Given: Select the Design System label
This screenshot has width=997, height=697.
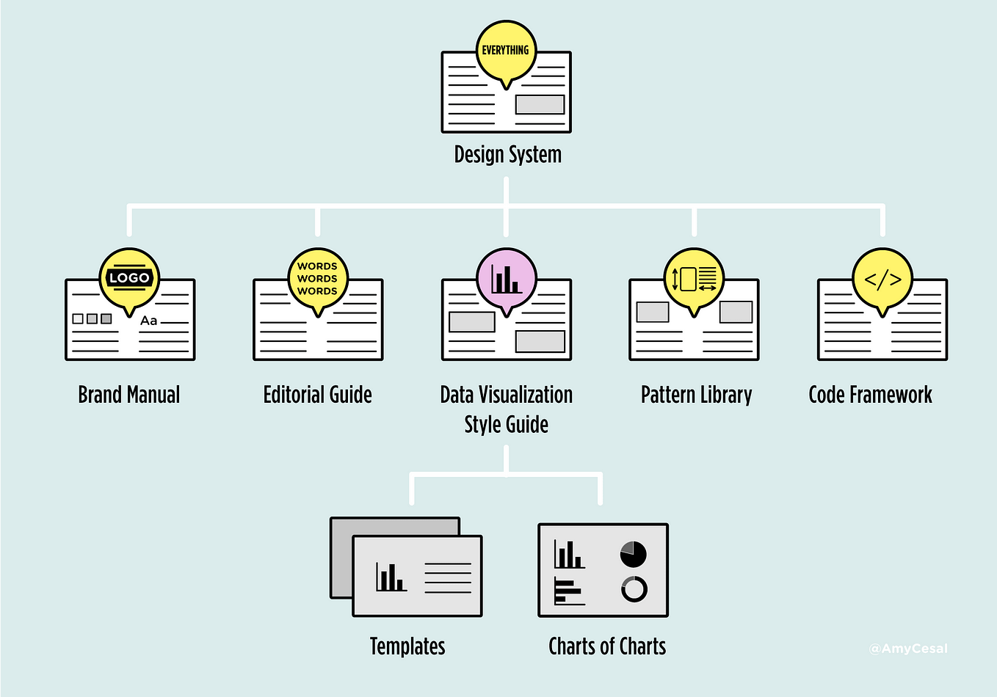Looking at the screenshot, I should pyautogui.click(x=507, y=155).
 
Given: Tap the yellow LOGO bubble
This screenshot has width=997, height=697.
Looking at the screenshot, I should pyautogui.click(x=129, y=278).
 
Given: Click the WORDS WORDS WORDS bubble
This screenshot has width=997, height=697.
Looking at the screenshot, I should pyautogui.click(x=317, y=279).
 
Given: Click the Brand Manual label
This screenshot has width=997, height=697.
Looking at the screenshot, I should pyautogui.click(x=129, y=395).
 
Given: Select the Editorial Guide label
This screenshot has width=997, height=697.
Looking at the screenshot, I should pyautogui.click(x=317, y=395).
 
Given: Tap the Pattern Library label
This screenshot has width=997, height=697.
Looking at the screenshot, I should pyautogui.click(x=696, y=395).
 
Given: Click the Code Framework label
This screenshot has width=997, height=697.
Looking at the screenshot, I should pyautogui.click(x=870, y=395).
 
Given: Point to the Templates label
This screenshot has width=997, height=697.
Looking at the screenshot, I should pyautogui.click(x=407, y=646).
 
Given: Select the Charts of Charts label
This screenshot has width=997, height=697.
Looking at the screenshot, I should pyautogui.click(x=607, y=646).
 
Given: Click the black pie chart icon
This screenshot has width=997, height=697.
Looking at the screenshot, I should pyautogui.click(x=633, y=555).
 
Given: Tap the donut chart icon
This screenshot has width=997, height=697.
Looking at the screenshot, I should pyautogui.click(x=634, y=589).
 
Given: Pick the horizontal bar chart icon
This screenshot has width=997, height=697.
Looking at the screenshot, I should pyautogui.click(x=569, y=591).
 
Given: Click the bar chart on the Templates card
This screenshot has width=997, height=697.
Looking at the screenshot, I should pyautogui.click(x=391, y=577).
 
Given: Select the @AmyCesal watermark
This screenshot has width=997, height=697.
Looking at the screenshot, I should pyautogui.click(x=908, y=649).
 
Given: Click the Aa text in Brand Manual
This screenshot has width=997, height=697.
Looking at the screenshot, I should pyautogui.click(x=149, y=321).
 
